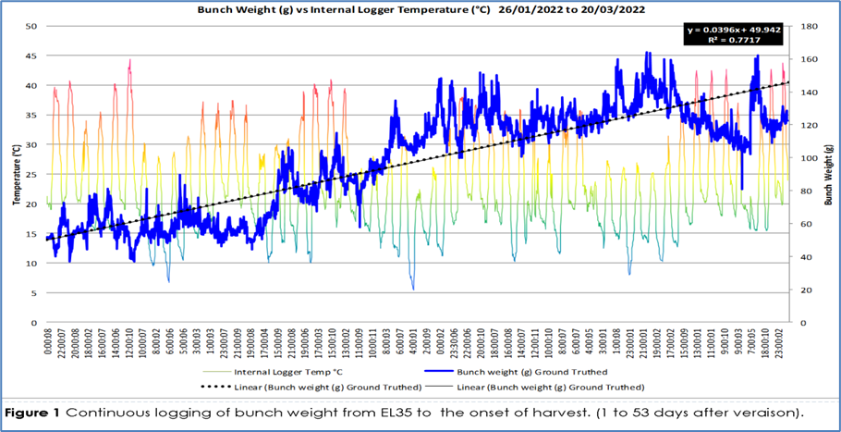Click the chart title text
pyautogui.click(x=420, y=9)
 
